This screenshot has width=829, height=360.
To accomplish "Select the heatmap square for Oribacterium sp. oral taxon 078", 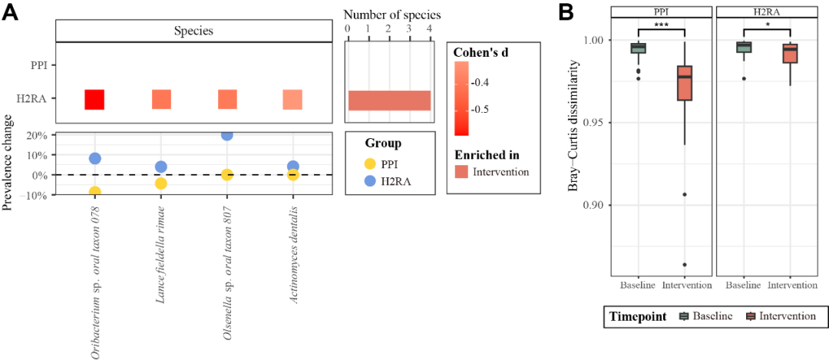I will (x=94, y=100).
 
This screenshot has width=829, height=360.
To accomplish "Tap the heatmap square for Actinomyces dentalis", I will (x=292, y=100).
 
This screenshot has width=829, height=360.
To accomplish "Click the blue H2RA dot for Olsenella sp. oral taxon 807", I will (x=226, y=135).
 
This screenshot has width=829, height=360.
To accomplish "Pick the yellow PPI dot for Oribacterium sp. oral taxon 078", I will (x=94, y=192).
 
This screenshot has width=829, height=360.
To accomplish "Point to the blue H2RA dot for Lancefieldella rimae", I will (x=161, y=167).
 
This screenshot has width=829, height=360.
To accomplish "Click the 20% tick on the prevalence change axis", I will (x=37, y=136).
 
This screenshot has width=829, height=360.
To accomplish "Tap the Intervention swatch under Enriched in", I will (x=465, y=172).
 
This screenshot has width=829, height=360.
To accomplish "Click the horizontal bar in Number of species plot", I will (x=389, y=101).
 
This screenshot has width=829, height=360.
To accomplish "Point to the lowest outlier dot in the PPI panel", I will (x=685, y=265).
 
